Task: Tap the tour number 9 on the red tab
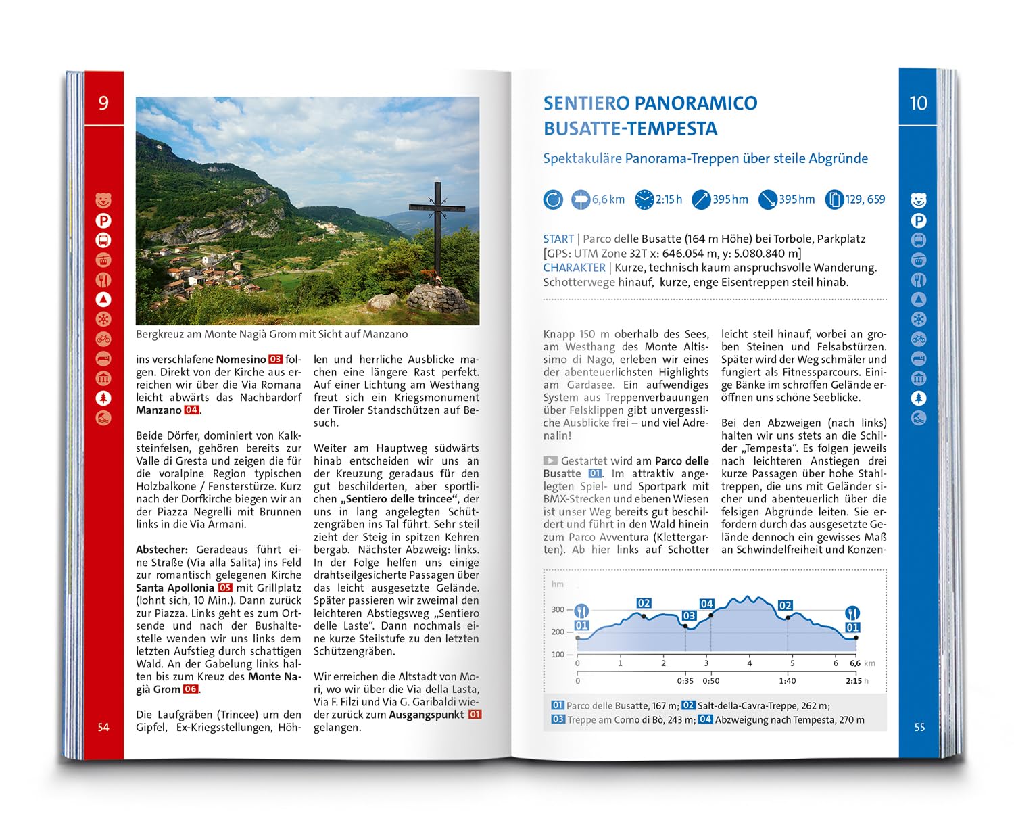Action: coord(103,103)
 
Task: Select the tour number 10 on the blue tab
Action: coord(918,103)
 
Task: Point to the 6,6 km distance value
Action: coord(608,199)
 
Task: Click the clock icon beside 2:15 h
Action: coord(644,199)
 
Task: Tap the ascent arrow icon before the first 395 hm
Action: coord(701,199)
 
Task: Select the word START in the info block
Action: coord(558,239)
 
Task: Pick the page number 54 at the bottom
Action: coord(103,727)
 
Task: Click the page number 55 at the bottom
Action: coord(919,727)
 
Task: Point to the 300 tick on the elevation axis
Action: coord(558,609)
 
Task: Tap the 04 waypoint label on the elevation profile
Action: coord(706,604)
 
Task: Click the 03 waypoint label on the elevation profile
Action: coord(689,615)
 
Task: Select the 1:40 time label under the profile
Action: coord(787,681)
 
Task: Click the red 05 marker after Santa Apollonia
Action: coord(225,588)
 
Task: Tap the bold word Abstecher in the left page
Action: coord(162,550)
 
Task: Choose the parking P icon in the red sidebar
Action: coord(103,220)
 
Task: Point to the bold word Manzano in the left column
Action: coord(159,410)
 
